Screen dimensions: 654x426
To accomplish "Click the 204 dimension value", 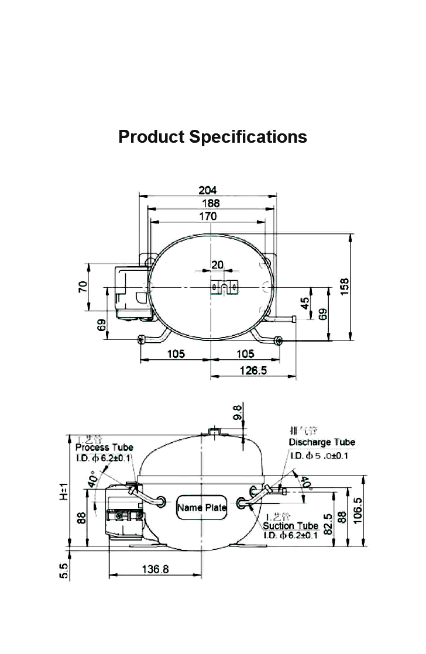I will click(x=208, y=190).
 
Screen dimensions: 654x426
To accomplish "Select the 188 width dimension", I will click(x=211, y=203).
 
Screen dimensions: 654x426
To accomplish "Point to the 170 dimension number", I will click(x=208, y=216).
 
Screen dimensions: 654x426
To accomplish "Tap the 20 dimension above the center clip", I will click(x=218, y=265).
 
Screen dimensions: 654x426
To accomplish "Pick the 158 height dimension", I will click(x=345, y=285).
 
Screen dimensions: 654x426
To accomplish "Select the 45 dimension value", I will click(x=305, y=303).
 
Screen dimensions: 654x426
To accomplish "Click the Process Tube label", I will click(x=104, y=448).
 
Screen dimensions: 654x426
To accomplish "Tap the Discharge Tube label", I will click(x=322, y=442).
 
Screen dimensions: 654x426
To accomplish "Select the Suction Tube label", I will click(x=290, y=526).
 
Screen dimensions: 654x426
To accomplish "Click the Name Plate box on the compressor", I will click(x=201, y=507).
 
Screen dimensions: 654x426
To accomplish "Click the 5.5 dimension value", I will click(x=64, y=570).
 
